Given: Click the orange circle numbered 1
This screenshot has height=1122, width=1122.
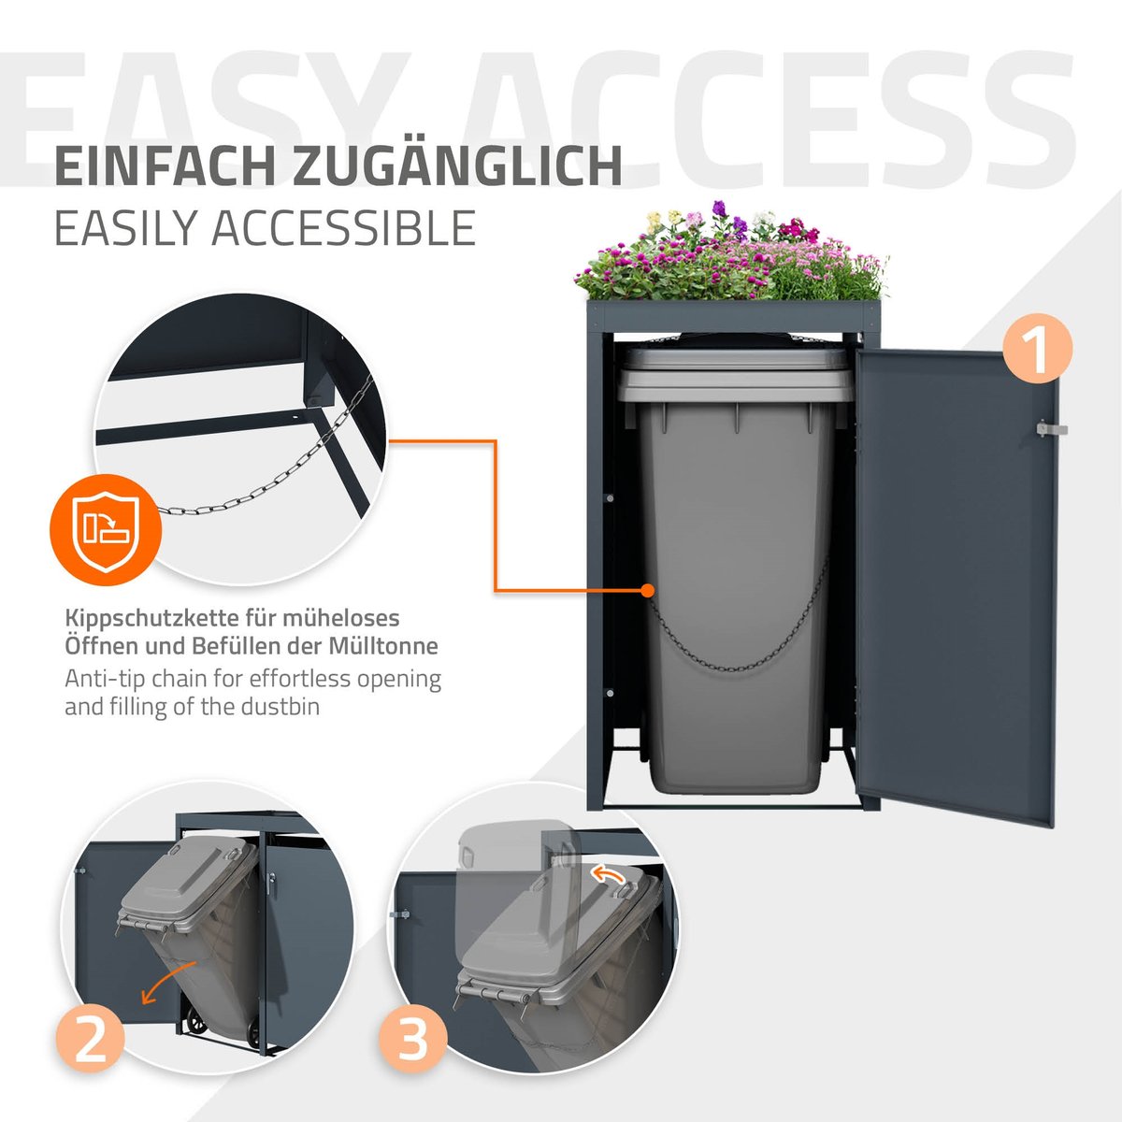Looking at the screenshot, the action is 1037,349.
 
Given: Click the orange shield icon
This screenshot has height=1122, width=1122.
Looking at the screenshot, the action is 106,530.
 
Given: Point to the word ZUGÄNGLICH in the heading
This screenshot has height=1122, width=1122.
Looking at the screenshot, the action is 457,166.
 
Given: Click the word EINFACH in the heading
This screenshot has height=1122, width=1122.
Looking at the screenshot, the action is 165,167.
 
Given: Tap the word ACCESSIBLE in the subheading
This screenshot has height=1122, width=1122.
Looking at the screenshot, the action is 343,227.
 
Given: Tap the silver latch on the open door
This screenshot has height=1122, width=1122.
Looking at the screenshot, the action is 1052,430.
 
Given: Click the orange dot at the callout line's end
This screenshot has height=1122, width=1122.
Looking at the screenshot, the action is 647,590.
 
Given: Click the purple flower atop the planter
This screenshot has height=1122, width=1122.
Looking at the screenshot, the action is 720,208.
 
